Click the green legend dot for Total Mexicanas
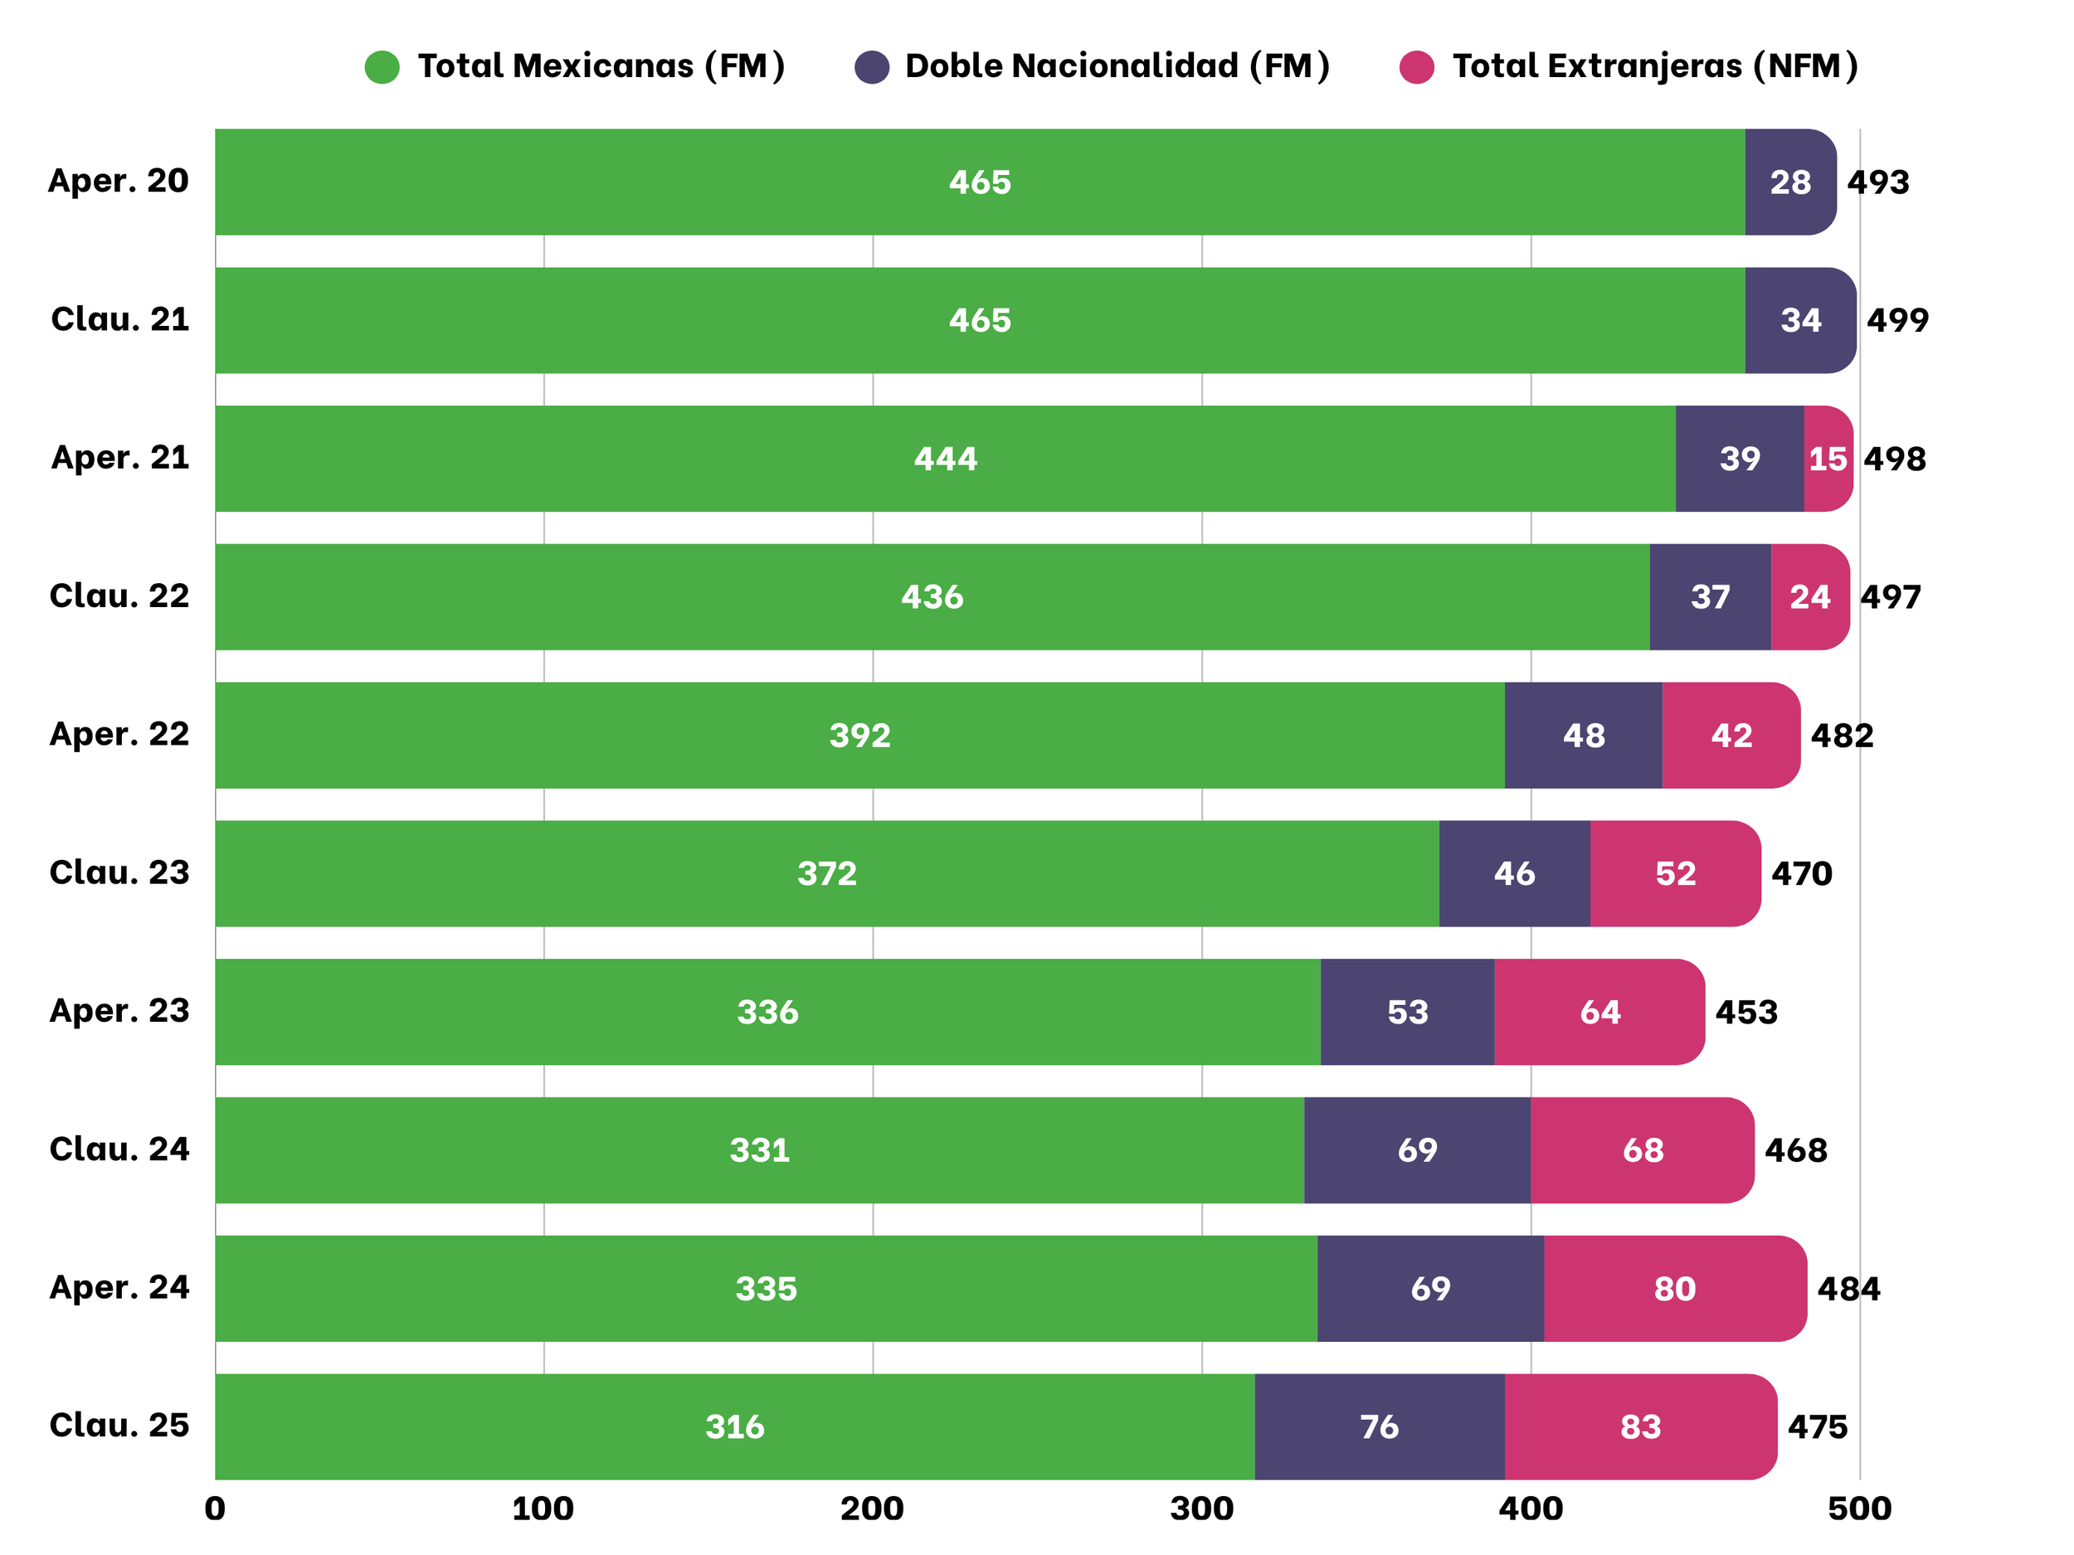382,66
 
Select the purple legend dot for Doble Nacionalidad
872,66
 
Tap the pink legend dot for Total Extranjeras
1416,66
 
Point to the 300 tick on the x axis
1201,1509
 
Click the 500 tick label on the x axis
1859,1509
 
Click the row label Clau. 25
119,1425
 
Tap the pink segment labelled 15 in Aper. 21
1827,459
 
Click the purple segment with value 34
1799,319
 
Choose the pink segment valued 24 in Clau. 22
1809,596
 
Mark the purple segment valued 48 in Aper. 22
1583,735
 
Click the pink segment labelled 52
1675,872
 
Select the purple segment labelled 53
1406,1011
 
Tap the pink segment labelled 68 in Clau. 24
1642,1149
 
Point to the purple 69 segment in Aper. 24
1430,1288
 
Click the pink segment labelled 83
1640,1426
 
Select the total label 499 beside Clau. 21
1896,319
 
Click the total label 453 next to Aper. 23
1745,1011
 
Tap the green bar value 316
734,1426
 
